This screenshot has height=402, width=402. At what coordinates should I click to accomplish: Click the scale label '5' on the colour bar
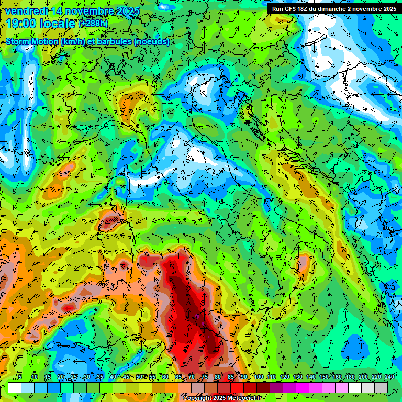tap(20, 377)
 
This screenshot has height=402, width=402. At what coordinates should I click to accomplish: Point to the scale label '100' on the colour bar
tap(259, 377)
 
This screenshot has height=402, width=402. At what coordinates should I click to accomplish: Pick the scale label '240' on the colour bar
tap(389, 377)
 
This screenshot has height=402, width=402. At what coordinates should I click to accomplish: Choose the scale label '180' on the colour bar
tap(350, 377)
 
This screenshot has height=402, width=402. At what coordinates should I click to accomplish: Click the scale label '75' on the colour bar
tap(205, 377)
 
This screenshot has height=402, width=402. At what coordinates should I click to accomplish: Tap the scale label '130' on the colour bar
tap(298, 377)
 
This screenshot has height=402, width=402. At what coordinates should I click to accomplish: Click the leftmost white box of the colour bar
tap(15, 387)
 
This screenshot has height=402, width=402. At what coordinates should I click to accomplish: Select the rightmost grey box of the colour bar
tap(381, 387)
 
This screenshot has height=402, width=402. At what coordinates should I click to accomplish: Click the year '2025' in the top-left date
tap(125, 11)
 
